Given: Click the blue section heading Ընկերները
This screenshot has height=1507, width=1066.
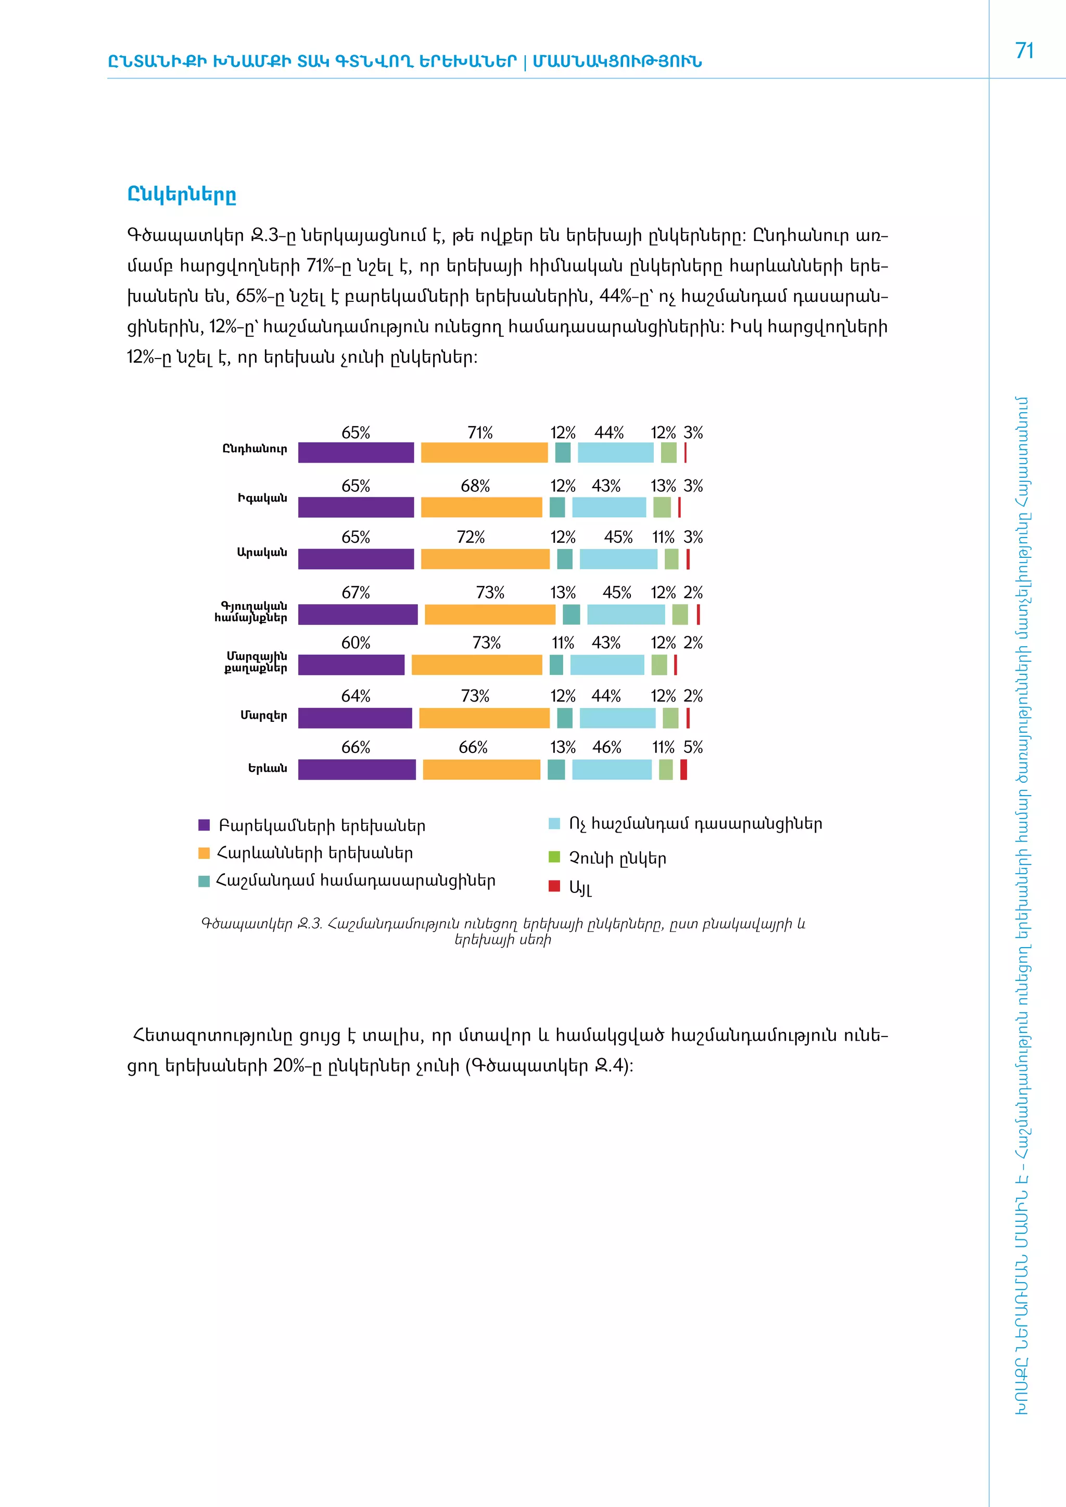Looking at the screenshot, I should [x=181, y=195].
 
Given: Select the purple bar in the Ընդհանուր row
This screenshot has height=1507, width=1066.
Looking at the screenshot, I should [x=356, y=453].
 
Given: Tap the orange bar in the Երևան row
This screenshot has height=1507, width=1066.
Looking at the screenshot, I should [x=481, y=769].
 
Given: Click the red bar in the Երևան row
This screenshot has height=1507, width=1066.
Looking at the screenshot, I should [x=683, y=769].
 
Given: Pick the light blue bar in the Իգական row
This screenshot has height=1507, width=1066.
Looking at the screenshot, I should [x=609, y=507].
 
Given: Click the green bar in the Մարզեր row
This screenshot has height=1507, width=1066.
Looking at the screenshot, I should [x=670, y=718].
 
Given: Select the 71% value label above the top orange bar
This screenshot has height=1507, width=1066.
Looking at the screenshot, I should [x=480, y=433].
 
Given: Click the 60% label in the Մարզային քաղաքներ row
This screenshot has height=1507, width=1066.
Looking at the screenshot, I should [x=356, y=643].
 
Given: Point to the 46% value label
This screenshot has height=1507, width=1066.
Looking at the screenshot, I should [x=606, y=748].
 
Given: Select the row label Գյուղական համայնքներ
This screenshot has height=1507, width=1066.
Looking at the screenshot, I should [x=251, y=612].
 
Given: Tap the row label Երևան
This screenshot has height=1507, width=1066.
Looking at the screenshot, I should [x=267, y=769].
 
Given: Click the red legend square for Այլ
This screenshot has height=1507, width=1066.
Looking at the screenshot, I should [x=554, y=886].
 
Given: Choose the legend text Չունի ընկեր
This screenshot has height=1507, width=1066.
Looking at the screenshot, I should [x=617, y=859].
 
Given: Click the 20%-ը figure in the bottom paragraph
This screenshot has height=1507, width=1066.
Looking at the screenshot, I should [x=294, y=1065].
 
